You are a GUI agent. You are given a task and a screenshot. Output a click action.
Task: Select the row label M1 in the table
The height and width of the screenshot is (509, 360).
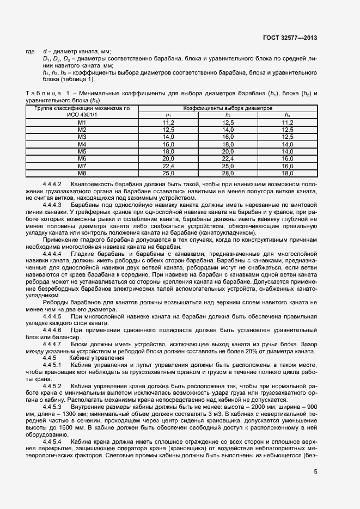pos(82,122)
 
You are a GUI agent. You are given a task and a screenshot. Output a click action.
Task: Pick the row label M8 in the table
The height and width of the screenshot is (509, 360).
pos(82,173)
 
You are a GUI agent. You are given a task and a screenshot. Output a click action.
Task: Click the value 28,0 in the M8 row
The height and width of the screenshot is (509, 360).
pos(228,173)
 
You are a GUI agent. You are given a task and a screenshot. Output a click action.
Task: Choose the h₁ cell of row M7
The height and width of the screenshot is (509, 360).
pos(168,165)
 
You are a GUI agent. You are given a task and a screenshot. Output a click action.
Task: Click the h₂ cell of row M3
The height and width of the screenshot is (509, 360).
pos(228,137)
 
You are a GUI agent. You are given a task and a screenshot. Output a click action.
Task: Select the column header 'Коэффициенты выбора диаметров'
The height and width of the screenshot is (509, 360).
pos(228,108)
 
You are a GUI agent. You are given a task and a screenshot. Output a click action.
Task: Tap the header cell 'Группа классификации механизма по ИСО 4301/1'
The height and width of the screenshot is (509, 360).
pos(82,112)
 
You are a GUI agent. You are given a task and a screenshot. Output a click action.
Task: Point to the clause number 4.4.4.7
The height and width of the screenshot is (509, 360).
pos(52,345)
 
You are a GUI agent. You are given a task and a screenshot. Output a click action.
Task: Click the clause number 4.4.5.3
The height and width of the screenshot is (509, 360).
pos(52,407)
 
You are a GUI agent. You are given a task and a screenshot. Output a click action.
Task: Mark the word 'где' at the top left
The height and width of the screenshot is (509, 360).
pos(30,51)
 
